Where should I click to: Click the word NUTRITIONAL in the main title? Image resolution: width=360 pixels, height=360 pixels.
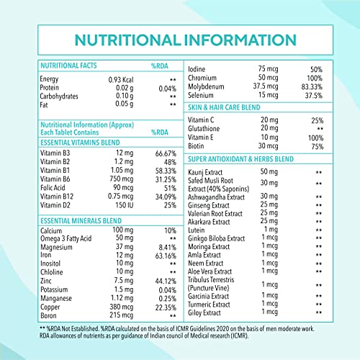(127, 40)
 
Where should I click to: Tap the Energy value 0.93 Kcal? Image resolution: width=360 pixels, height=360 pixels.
(121, 80)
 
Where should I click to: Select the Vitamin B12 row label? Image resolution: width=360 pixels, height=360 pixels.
(57, 197)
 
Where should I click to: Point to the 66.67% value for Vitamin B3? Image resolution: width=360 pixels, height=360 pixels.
(166, 153)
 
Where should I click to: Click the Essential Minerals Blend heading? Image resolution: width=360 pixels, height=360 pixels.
(81, 221)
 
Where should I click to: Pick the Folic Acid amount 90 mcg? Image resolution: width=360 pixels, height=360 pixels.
(123, 188)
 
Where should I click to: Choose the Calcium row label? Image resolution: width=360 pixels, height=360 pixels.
(51, 230)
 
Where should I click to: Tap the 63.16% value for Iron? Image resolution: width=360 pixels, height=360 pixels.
(166, 256)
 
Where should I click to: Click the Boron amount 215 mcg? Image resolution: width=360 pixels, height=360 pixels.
(121, 315)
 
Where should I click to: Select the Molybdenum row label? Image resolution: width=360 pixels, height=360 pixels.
(206, 86)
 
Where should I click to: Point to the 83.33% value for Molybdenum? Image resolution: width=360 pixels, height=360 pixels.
(312, 86)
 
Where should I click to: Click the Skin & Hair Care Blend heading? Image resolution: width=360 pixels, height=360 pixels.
(224, 107)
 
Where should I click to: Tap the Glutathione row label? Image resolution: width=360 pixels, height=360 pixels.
(204, 129)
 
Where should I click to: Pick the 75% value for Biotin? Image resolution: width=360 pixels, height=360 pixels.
(318, 146)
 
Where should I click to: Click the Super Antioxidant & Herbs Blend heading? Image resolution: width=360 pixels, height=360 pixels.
(240, 159)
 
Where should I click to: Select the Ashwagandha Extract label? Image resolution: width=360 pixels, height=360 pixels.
(216, 197)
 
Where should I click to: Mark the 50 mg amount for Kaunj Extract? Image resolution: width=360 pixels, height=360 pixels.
(269, 172)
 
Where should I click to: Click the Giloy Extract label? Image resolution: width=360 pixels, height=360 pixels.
(204, 312)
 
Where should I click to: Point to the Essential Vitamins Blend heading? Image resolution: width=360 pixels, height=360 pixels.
(80, 143)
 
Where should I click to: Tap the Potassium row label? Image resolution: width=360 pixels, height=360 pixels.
(54, 289)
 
